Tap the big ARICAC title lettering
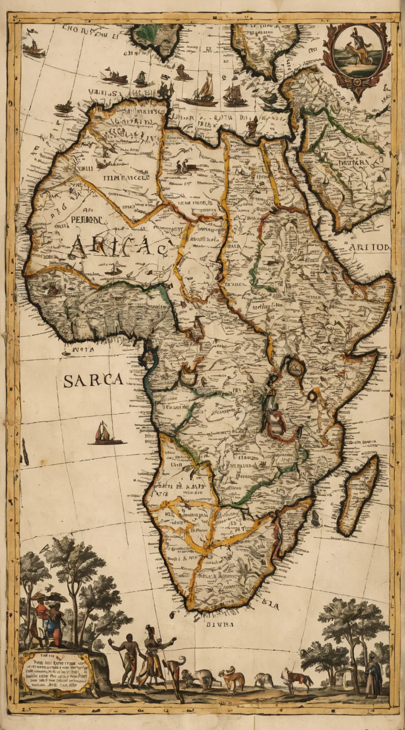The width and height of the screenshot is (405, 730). [119, 248]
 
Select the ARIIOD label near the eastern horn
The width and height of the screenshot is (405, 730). [369, 248]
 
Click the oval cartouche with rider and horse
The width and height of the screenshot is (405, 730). [356, 51]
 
